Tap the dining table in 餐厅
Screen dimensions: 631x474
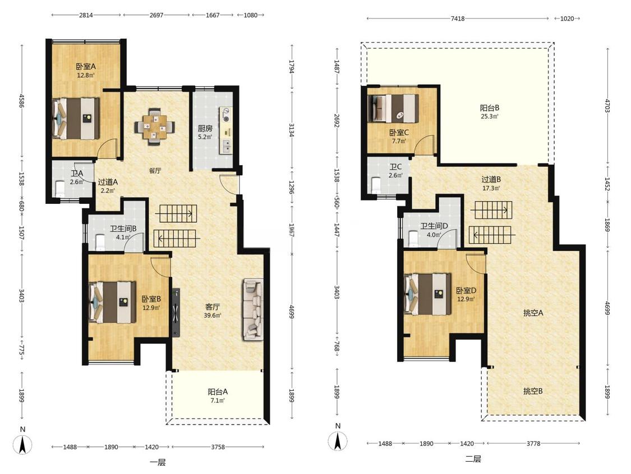[x=155, y=126]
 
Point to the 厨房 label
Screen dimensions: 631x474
[x=205, y=129]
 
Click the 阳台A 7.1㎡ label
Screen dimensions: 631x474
[x=218, y=395]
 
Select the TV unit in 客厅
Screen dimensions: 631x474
[x=176, y=312]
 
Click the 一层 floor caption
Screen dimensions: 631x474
[x=158, y=462]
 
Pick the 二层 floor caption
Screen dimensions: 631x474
[x=473, y=459]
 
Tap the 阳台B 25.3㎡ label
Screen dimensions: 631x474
[x=489, y=112]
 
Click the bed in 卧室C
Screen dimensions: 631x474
[x=394, y=108]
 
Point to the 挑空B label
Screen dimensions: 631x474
[x=533, y=391]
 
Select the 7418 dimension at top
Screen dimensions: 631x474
[x=458, y=18]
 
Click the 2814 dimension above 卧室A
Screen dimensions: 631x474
[x=86, y=15]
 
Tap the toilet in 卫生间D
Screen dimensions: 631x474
[x=413, y=238]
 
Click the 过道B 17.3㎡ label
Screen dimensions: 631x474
[x=491, y=184]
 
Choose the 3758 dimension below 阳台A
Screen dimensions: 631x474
[x=218, y=446]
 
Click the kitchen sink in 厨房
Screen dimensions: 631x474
[x=226, y=145]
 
